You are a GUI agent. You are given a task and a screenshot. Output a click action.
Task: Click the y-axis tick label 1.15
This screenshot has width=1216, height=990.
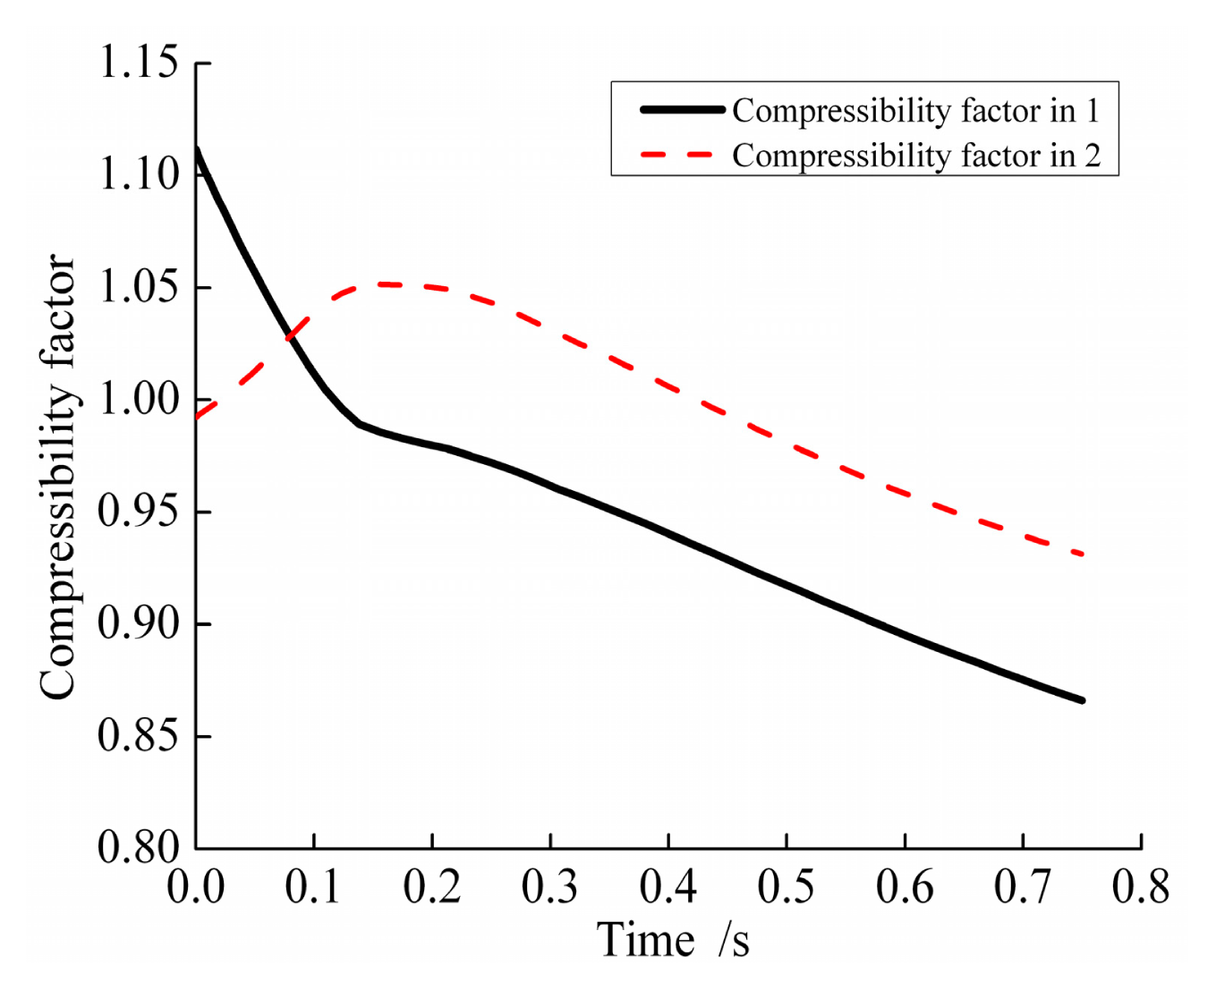139,63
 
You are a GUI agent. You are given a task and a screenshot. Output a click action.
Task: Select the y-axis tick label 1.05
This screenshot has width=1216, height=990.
139,287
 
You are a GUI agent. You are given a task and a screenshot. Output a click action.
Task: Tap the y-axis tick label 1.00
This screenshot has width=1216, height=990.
139,399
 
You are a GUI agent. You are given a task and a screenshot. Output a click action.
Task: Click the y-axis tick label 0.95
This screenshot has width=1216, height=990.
139,511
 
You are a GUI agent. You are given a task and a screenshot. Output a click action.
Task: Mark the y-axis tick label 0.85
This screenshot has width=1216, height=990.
139,735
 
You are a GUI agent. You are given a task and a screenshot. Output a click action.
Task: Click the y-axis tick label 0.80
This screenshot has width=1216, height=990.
139,847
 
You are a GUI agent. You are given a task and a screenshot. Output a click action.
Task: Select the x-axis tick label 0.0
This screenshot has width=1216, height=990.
196,887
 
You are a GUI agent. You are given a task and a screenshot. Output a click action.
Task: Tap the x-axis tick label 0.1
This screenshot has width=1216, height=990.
314,887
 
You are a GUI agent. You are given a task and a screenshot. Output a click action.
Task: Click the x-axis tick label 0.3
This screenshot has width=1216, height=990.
550,887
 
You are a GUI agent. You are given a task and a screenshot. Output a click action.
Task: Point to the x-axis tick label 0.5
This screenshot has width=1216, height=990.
787,887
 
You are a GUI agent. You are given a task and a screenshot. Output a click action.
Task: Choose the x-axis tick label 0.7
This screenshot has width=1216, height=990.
1023,887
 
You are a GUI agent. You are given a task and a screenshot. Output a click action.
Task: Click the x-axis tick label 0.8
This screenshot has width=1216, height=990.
1141,887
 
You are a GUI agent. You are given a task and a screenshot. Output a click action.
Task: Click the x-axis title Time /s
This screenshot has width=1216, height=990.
673,941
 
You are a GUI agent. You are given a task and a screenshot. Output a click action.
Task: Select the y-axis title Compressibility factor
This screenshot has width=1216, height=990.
57,476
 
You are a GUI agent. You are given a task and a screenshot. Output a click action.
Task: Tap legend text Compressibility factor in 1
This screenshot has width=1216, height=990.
914,111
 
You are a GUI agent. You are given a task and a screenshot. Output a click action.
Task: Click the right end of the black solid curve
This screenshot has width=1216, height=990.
1083,700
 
